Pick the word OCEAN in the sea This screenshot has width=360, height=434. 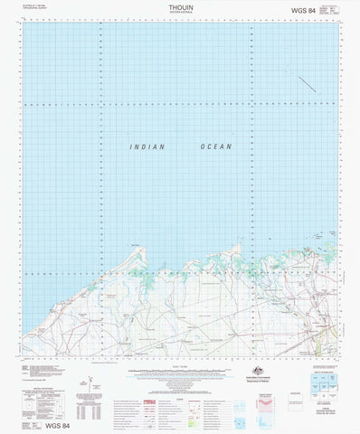216,146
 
